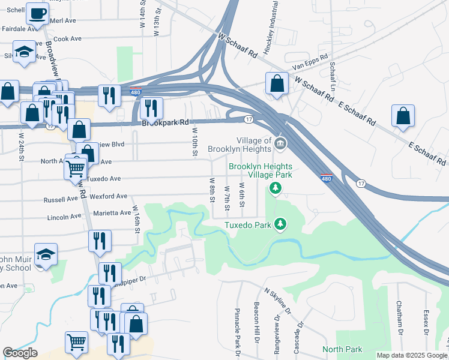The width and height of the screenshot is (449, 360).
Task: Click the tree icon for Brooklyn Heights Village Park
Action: pos(276,189)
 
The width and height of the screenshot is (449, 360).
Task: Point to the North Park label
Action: pos(342,349)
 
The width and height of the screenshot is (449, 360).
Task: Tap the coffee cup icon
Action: pos(37,14)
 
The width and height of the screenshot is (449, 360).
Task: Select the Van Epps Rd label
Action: pos(312,63)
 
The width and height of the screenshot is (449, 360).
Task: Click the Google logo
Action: pos(20,353)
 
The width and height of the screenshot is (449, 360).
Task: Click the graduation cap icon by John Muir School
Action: pos(46,254)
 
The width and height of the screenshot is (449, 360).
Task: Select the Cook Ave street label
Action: pos(67,38)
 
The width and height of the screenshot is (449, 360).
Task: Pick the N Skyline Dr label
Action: pos(278,301)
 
